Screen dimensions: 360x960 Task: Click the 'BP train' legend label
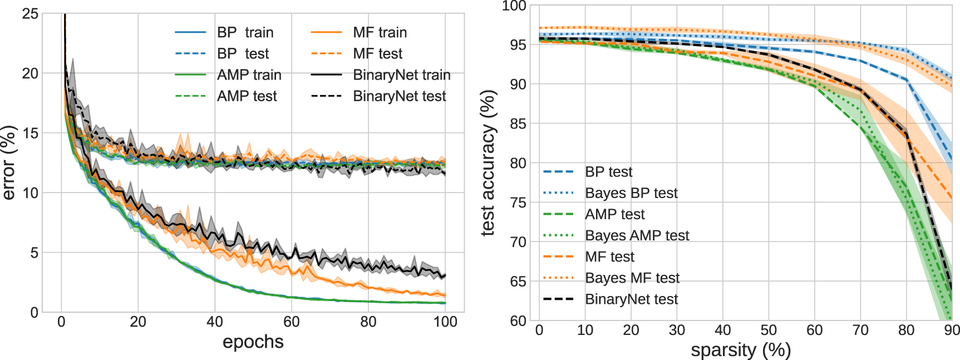click(x=245, y=32)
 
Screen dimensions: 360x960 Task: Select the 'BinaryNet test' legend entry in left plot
click(x=399, y=96)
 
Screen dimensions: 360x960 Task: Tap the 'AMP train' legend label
click(x=249, y=75)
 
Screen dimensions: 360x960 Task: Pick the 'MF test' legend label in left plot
click(x=377, y=53)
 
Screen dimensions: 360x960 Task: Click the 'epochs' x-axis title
click(x=253, y=342)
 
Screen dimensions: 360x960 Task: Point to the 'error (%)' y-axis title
click(x=9, y=162)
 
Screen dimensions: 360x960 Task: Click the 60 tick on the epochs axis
click(x=292, y=322)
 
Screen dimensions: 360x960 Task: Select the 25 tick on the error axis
click(x=30, y=13)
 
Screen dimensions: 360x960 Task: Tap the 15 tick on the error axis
click(x=30, y=133)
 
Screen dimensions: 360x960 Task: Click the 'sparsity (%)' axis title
click(x=741, y=350)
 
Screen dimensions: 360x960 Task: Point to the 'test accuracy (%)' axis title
click(x=488, y=162)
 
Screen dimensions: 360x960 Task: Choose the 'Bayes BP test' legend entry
click(x=631, y=193)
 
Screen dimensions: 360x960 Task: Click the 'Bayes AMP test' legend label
click(x=637, y=235)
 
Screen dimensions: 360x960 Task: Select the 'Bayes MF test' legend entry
click(x=632, y=278)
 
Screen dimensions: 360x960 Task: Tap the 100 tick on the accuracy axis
click(x=514, y=6)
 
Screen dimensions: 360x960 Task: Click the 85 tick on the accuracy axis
click(x=518, y=124)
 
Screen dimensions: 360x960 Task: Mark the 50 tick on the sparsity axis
click(x=769, y=331)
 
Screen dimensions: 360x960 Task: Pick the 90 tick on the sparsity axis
click(x=952, y=331)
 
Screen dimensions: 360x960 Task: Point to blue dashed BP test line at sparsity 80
click(x=907, y=80)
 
